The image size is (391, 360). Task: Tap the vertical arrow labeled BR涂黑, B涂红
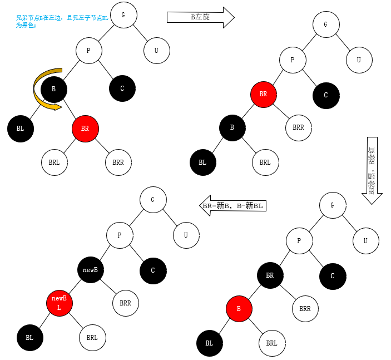click(x=372, y=170)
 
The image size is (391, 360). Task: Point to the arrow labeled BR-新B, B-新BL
click(x=232, y=205)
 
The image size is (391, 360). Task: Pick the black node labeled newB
click(x=90, y=270)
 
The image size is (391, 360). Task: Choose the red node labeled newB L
click(x=59, y=303)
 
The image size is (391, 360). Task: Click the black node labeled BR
click(x=270, y=275)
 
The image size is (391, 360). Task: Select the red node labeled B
click(x=239, y=309)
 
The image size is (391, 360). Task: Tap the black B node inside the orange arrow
click(x=53, y=89)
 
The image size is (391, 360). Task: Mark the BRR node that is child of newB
click(x=125, y=303)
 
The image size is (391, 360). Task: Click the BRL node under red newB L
click(x=92, y=337)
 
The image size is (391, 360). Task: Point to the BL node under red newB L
click(x=29, y=337)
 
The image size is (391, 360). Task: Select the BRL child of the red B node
click(x=271, y=343)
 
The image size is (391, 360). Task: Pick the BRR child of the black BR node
click(x=305, y=308)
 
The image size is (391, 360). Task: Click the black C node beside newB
click(x=152, y=270)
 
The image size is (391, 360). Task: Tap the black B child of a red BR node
click(x=232, y=128)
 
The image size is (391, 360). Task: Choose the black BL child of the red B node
click(x=209, y=343)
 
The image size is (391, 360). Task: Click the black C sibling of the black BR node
click(x=333, y=276)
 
